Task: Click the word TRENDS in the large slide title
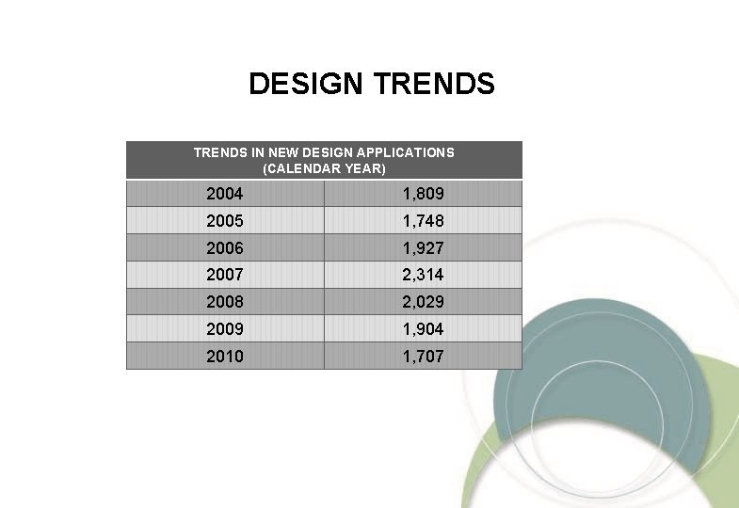434,85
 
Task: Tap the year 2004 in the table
225,195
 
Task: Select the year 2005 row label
225,222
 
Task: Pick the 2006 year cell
225,248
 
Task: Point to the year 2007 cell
225,276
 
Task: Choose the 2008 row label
225,303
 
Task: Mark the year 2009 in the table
225,329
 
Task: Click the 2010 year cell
225,357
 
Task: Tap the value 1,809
423,195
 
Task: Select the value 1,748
423,222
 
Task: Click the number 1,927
423,248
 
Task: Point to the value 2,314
423,276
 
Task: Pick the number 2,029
423,303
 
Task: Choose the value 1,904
423,329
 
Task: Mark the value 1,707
423,357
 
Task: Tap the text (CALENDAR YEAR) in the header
324,169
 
